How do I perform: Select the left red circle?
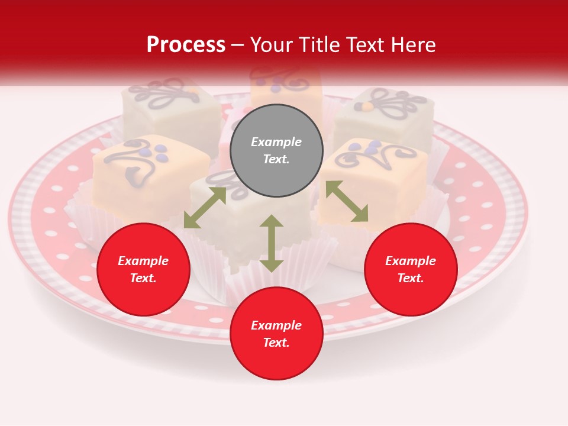point(143,269)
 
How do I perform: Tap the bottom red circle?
point(276,333)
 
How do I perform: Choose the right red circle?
point(411,269)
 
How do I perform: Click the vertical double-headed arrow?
point(272,243)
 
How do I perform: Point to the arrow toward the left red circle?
point(205,207)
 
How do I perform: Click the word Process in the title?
point(186,44)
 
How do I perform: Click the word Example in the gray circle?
point(276,142)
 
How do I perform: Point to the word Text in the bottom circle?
point(276,343)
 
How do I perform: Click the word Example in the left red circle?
point(143,261)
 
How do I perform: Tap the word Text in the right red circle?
point(411,278)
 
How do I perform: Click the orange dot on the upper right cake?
point(367,107)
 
